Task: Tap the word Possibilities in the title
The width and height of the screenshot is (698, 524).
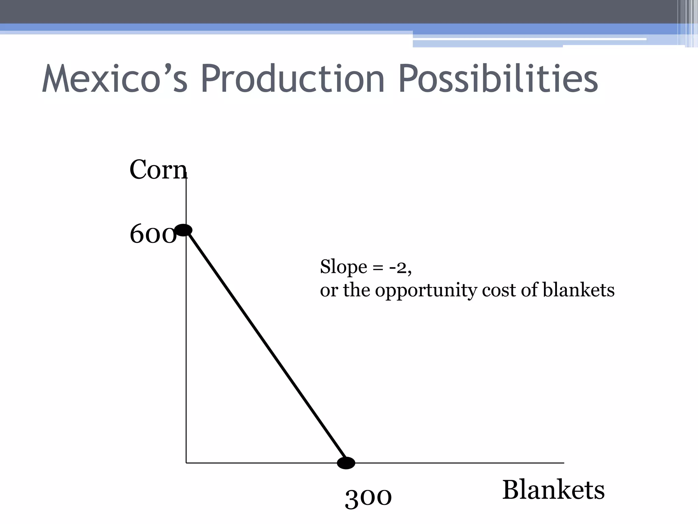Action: [x=498, y=79]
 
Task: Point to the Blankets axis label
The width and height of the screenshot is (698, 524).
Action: [x=553, y=490]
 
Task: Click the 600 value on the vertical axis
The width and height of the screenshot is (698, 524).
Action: [x=153, y=235]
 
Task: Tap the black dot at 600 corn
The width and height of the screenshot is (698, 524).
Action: [x=183, y=230]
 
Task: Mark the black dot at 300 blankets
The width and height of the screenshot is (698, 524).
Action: [x=346, y=463]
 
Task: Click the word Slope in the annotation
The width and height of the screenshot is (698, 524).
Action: [x=344, y=267]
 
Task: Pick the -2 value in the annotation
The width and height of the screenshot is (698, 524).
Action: [x=399, y=267]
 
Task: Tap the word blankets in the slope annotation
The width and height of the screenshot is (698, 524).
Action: [x=578, y=290]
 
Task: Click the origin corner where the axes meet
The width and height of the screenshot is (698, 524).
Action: [x=186, y=463]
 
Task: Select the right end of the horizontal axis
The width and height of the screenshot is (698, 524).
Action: [x=563, y=463]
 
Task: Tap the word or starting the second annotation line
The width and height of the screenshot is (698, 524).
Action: [x=328, y=291]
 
